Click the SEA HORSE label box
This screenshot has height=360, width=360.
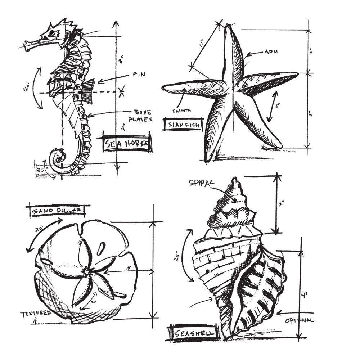click(x=127, y=144)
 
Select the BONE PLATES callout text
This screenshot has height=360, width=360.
click(x=143, y=115)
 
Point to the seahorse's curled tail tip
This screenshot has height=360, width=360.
click(x=60, y=157)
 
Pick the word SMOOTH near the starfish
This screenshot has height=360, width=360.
click(x=182, y=111)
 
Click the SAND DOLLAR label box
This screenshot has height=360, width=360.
click(x=58, y=211)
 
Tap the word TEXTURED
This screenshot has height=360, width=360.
click(x=35, y=313)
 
